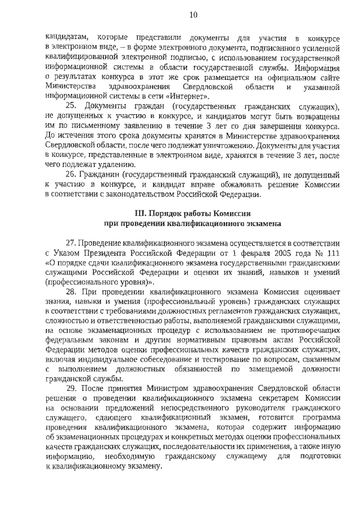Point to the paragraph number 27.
(71, 242)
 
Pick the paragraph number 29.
(71, 389)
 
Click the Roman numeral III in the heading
(140, 214)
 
